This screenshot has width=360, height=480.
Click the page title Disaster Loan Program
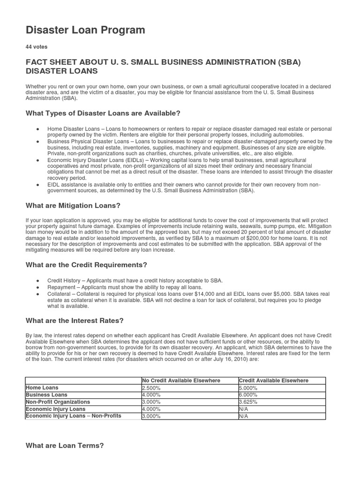tap(85, 30)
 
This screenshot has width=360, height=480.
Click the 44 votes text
tap(37, 47)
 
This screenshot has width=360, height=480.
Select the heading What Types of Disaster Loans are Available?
tap(103, 113)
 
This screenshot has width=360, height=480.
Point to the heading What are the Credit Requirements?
tap(86, 265)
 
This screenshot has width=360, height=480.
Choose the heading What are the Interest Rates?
tap(74, 321)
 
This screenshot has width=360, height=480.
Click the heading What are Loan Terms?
tap(64, 445)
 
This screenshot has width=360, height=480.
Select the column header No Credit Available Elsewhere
tap(181, 381)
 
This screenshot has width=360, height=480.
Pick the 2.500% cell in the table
tap(150, 388)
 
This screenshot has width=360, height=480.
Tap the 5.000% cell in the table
tap(247, 388)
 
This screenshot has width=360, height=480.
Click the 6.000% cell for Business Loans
tap(247, 395)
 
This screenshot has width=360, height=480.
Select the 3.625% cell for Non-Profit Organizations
tap(247, 402)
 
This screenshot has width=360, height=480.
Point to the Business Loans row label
tap(46, 395)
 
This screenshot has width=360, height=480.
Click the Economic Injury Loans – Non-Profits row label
tap(74, 416)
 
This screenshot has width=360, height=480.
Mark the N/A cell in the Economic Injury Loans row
tap(243, 409)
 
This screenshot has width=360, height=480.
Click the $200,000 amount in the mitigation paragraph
tap(265, 238)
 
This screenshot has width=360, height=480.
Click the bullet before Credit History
tap(37, 280)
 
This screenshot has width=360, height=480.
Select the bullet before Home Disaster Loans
tap(37, 128)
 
